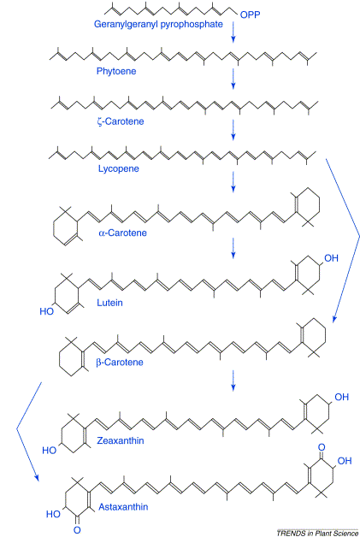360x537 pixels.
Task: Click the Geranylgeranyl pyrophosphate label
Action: point(158,25)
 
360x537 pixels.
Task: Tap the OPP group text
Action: point(250,15)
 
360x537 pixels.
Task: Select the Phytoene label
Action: point(116,71)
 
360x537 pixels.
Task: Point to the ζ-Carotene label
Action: point(121,121)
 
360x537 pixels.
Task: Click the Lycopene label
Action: point(119,168)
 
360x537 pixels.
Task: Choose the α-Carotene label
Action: point(122,233)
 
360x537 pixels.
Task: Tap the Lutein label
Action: point(109,303)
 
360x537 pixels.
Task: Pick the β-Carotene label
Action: point(120,363)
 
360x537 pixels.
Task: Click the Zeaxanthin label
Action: point(121,440)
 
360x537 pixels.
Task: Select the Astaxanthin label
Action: point(123,507)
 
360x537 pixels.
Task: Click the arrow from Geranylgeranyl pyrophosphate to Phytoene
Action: point(233,32)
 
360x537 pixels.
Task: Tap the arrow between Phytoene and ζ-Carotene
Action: point(233,79)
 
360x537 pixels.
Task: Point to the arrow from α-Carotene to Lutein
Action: point(233,248)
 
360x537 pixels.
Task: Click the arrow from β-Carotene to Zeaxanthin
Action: point(233,381)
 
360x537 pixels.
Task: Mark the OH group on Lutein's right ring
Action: point(331,258)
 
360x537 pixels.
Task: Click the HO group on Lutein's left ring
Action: point(46,311)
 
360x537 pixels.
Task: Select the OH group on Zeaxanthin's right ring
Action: point(341,398)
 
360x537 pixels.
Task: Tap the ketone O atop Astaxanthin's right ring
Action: point(322,447)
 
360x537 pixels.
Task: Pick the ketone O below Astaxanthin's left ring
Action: point(78,530)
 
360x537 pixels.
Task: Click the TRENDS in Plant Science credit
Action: point(317,533)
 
